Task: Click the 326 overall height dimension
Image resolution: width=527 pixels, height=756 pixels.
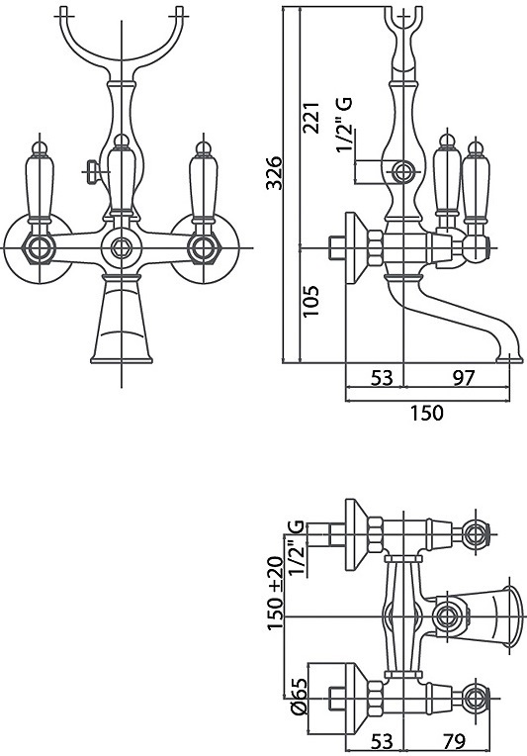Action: [274, 172]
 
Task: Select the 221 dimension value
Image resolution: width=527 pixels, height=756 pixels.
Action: [310, 117]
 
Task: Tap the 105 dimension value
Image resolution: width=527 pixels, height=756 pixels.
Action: [310, 301]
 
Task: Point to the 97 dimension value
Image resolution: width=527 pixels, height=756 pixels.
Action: [464, 378]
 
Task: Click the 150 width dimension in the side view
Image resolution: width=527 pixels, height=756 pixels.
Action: [426, 413]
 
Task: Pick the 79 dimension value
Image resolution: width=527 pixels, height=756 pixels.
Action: [453, 740]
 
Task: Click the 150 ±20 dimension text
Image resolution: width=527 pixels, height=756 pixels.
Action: [275, 593]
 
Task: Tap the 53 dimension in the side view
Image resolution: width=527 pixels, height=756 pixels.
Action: [382, 378]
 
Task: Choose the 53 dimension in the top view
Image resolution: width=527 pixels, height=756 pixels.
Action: [382, 740]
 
